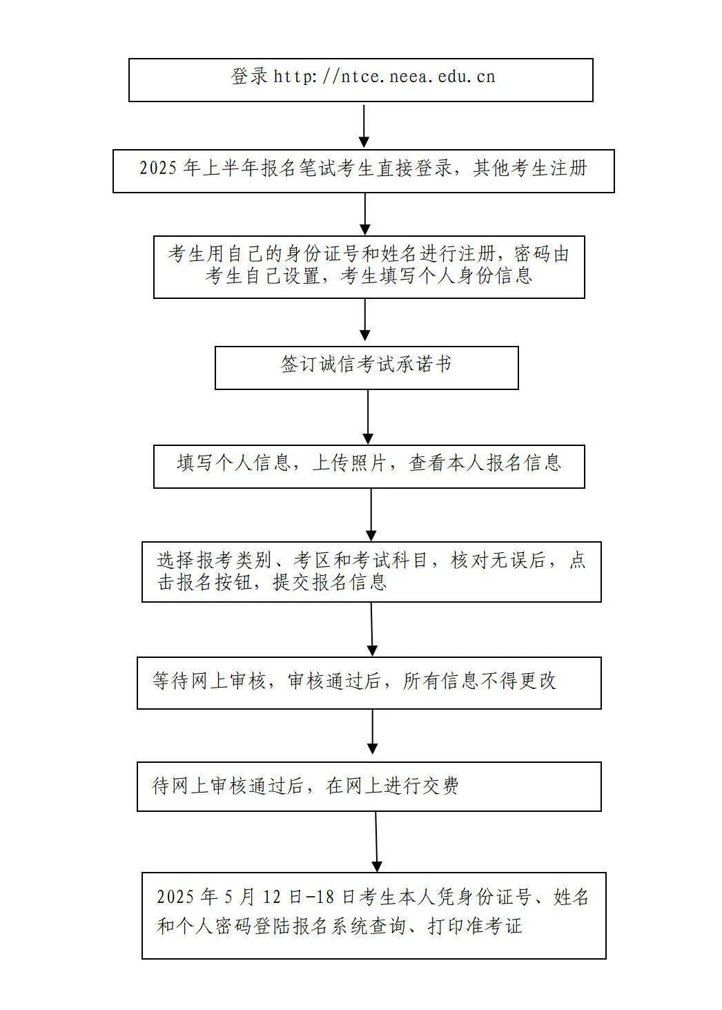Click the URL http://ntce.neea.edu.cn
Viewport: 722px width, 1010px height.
pyautogui.click(x=384, y=77)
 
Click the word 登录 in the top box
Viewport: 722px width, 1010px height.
pyautogui.click(x=249, y=77)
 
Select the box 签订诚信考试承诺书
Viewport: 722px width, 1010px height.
pyautogui.click(x=367, y=368)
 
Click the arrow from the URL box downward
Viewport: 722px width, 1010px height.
pyautogui.click(x=365, y=126)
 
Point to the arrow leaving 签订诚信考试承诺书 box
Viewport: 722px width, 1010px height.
pyautogui.click(x=368, y=416)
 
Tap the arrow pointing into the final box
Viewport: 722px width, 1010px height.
pyautogui.click(x=376, y=841)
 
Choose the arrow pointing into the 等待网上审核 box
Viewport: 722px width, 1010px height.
pyautogui.click(x=372, y=629)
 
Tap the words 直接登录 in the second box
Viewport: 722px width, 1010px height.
pyautogui.click(x=414, y=168)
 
